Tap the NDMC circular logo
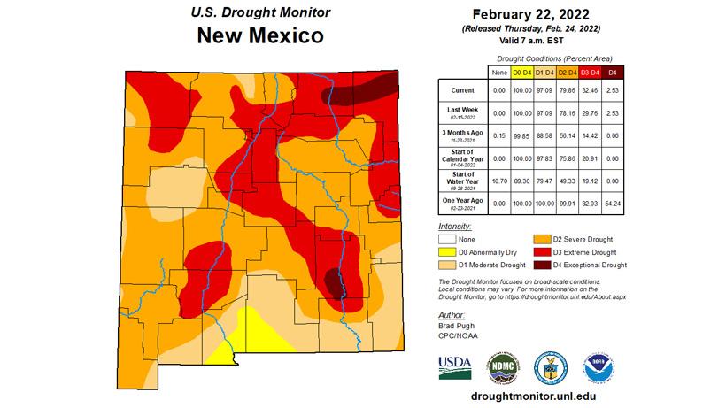coord(502,367)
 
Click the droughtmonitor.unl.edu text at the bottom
coord(527,397)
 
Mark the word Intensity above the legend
coord(455,227)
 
